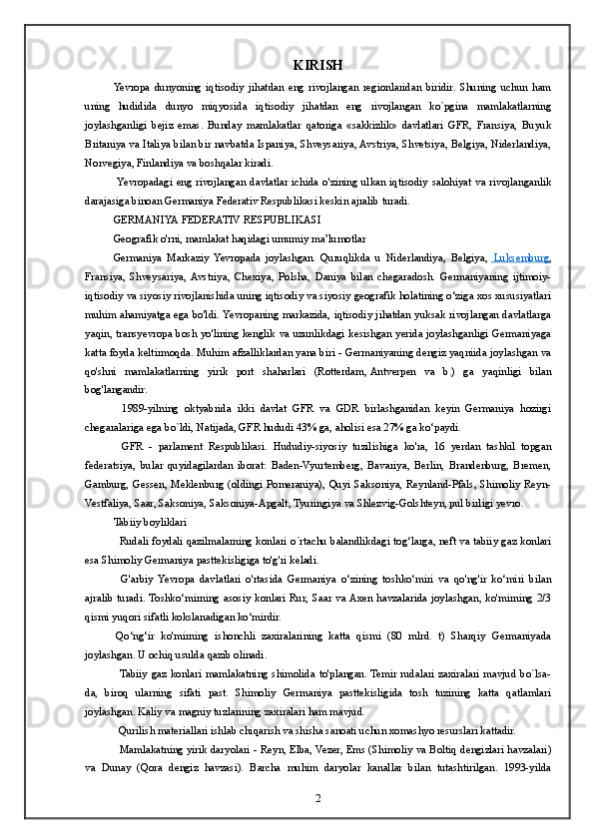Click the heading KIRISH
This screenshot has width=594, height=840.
click(x=318, y=66)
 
